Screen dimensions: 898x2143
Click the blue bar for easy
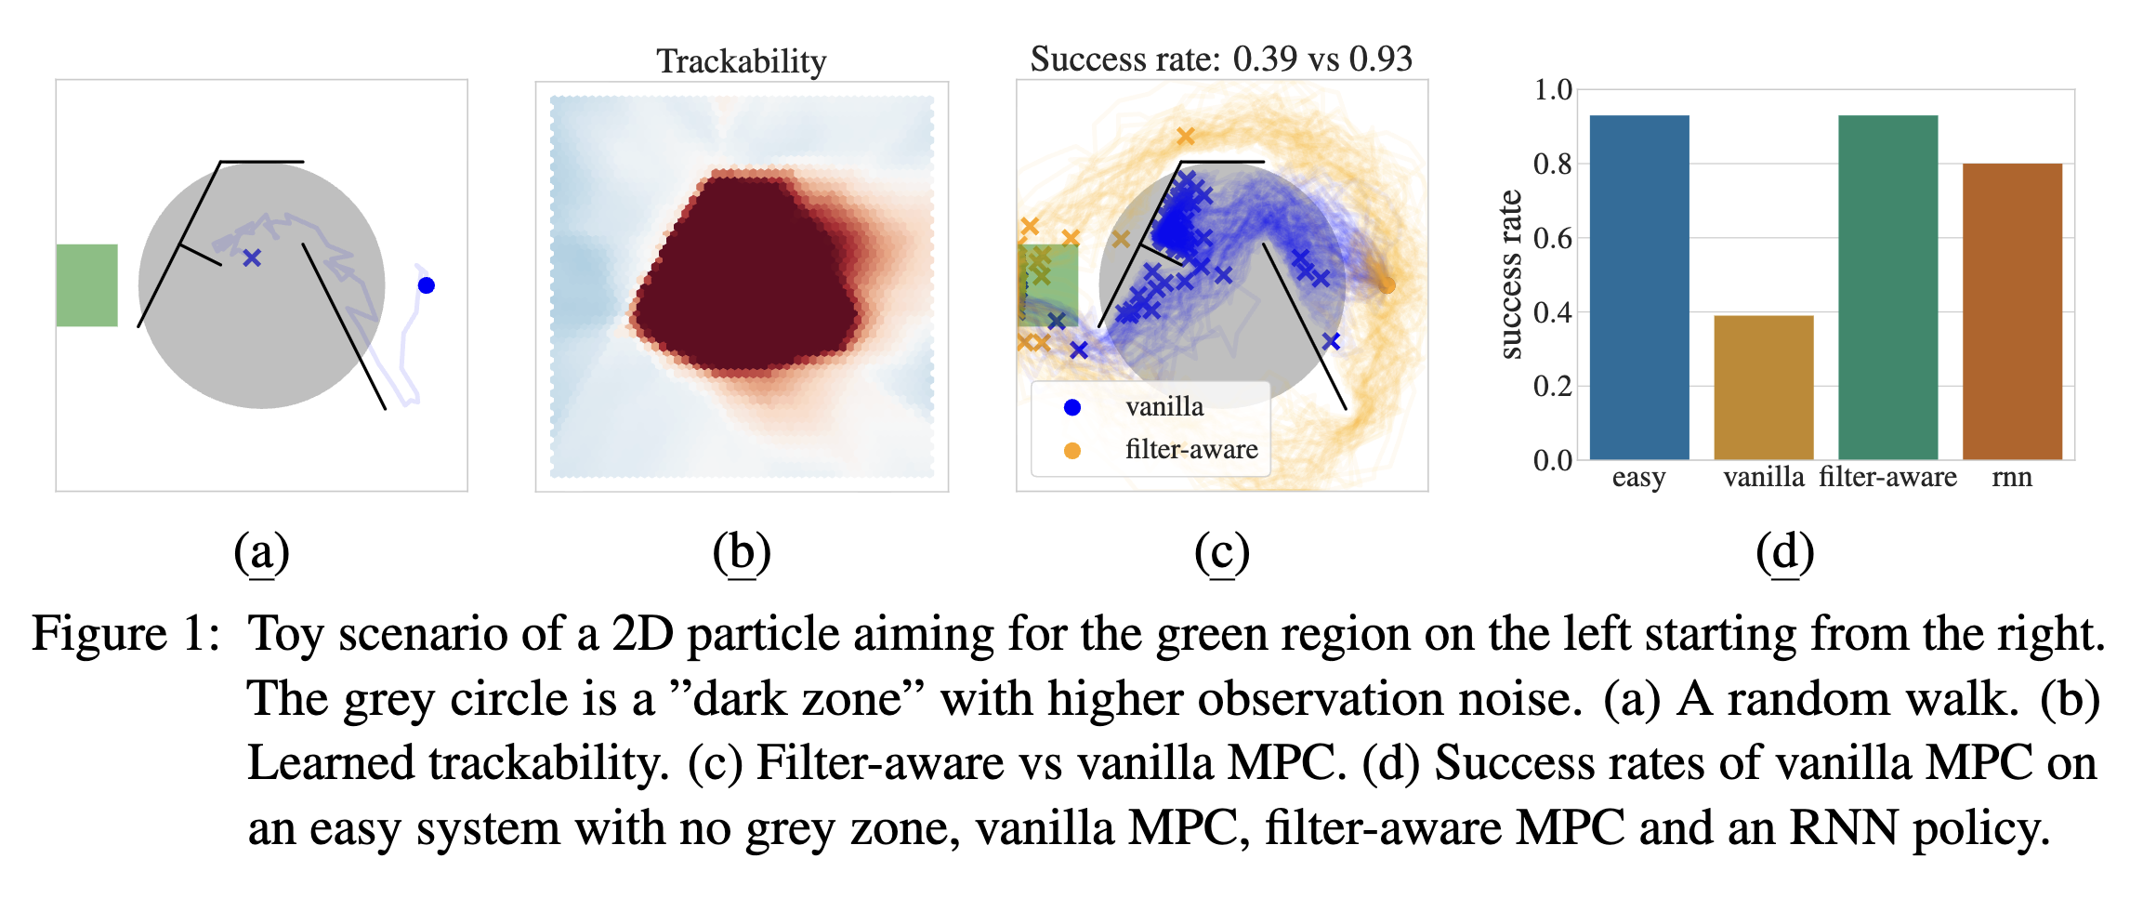pyautogui.click(x=1638, y=287)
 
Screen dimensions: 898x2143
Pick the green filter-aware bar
pyautogui.click(x=1887, y=287)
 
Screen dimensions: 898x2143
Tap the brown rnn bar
pyautogui.click(x=2012, y=311)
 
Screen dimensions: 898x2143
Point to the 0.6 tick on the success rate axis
pyautogui.click(x=1552, y=238)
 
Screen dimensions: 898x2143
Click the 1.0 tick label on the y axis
pyautogui.click(x=1552, y=90)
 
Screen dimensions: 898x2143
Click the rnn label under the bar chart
pyautogui.click(x=2012, y=477)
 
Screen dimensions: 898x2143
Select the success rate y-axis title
pyautogui.click(x=1512, y=274)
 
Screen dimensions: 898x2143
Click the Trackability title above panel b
pyautogui.click(x=741, y=61)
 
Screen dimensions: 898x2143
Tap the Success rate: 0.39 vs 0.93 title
pyautogui.click(x=1221, y=59)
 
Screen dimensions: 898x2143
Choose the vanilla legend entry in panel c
pyautogui.click(x=1164, y=406)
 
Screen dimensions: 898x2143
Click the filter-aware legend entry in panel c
pyautogui.click(x=1190, y=450)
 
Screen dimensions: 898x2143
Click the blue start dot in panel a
pyautogui.click(x=427, y=285)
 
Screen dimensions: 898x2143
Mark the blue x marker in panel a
pyautogui.click(x=252, y=258)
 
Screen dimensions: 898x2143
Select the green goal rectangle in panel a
pyautogui.click(x=86, y=285)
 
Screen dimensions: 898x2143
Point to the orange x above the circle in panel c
pyautogui.click(x=1185, y=137)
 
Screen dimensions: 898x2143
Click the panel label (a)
pyautogui.click(x=261, y=552)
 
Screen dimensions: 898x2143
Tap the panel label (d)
pyautogui.click(x=1784, y=552)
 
